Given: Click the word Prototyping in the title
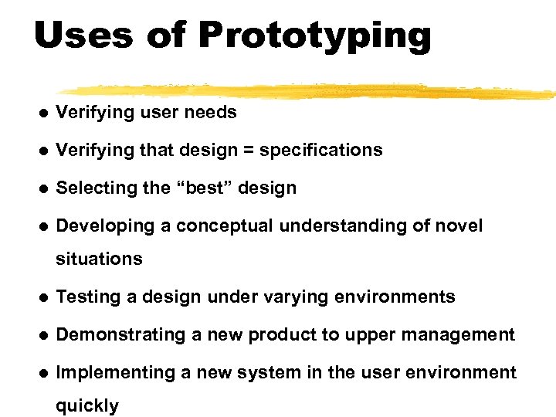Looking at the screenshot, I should coord(314,35).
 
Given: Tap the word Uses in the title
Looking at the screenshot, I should coord(83,35).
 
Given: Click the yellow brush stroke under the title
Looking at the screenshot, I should coord(309,90).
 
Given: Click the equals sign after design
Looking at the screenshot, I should coord(249,151).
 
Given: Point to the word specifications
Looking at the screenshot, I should coord(320,151).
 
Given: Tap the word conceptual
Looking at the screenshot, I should coord(225,225).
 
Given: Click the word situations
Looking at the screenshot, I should coord(99,259).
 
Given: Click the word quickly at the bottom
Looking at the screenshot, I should coord(87,406).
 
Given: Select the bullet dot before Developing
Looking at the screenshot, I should coord(44,226).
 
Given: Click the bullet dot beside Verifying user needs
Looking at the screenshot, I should coord(44,113).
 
